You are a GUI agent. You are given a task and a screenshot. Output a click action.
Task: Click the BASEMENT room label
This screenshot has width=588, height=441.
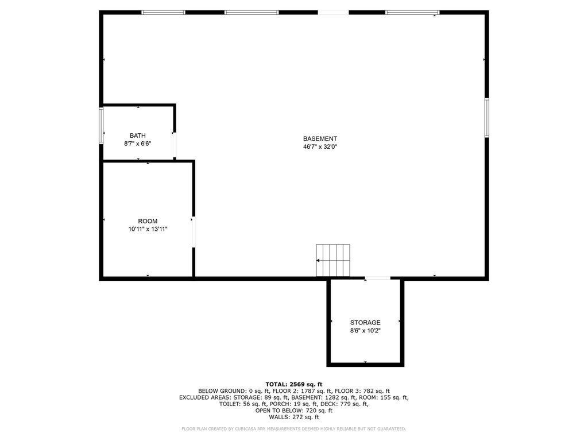point(320,138)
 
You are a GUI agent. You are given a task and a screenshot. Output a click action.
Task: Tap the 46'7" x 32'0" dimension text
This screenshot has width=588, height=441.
point(320,146)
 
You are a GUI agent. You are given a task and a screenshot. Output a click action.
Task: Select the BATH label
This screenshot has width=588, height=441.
point(137,136)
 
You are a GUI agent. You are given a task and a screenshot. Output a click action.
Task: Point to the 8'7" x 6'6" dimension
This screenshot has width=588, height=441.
point(137,144)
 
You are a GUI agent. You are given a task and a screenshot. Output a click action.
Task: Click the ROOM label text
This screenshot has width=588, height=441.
point(148,221)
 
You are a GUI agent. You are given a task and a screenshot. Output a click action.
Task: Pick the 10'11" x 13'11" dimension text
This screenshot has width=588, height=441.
point(148,229)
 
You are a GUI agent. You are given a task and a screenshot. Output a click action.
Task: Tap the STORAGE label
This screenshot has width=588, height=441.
point(365,323)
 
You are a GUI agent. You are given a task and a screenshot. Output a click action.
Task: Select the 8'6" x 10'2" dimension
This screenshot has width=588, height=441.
point(365,331)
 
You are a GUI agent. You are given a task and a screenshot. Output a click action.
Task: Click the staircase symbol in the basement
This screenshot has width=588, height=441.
point(333,260)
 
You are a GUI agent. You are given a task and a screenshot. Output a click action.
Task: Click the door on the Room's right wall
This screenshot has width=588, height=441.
point(194,232)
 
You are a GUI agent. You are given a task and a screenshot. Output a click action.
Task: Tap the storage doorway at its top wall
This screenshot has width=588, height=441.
point(377,278)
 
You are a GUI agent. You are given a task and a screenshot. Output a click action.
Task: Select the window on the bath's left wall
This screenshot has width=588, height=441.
point(102,126)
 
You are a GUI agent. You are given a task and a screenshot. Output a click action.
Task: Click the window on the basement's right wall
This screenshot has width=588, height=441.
point(486,117)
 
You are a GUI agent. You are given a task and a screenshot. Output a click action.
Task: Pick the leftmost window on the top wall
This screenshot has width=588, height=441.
point(163,12)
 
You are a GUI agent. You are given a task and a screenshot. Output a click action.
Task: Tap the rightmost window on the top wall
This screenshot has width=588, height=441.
point(412,12)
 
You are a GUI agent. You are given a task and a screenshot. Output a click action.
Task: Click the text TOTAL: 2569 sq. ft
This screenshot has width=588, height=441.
point(293,384)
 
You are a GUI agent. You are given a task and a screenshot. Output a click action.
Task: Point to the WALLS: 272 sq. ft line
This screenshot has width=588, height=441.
point(293,417)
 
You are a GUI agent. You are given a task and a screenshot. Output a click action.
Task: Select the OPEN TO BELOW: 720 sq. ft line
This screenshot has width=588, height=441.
point(293,411)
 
